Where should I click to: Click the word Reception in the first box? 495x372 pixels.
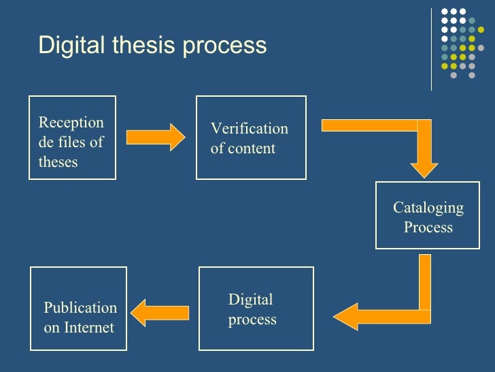tap(71, 123)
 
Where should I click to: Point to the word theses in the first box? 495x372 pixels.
tap(58, 162)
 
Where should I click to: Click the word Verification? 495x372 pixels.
tap(249, 129)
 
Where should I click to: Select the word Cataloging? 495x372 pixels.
tap(428, 208)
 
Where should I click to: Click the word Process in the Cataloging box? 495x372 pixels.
tap(428, 227)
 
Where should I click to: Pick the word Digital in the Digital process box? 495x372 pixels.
tap(250, 300)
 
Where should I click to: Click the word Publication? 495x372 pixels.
tap(80, 308)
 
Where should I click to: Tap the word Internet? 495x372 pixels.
tap(88, 328)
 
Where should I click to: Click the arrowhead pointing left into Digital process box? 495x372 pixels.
tap(347, 316)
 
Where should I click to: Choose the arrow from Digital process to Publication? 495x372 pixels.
tap(159, 313)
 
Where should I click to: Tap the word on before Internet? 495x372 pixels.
tap(52, 328)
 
